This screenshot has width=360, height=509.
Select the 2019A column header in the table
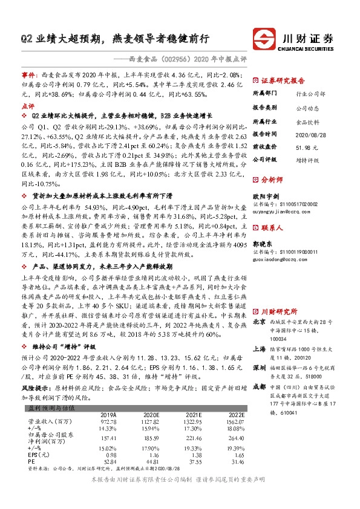coord(108,414)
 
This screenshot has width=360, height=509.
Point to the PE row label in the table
coord(33,461)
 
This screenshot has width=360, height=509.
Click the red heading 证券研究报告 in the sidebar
coord(283,79)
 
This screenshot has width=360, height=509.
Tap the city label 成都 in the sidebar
coord(260,369)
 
